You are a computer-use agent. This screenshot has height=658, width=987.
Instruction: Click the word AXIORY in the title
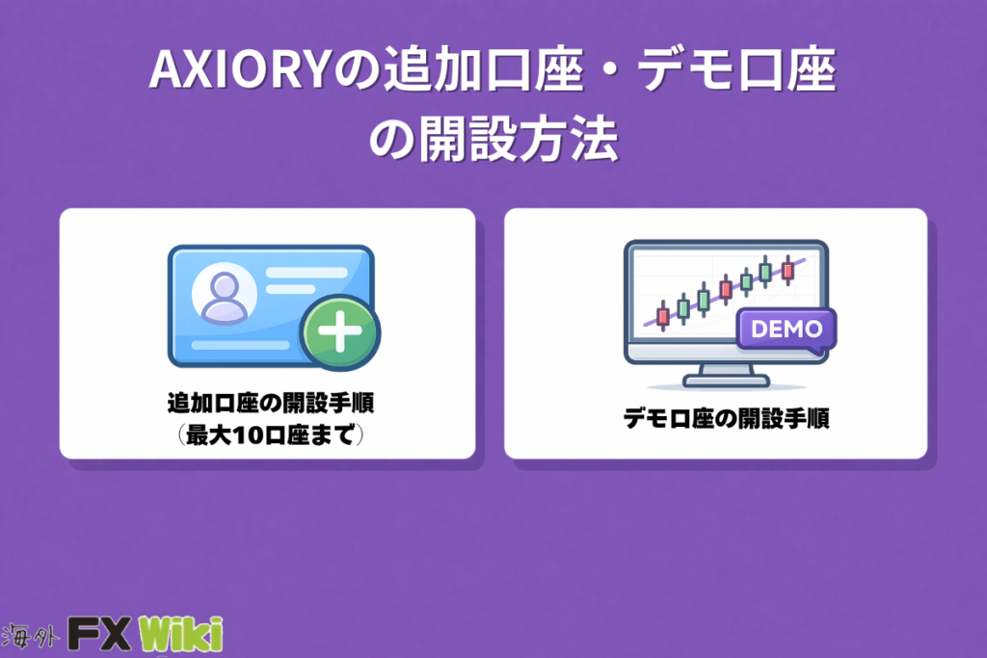tap(240, 69)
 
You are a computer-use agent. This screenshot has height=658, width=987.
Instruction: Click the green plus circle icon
tap(340, 331)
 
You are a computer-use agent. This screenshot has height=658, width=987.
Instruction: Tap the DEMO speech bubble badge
tap(787, 329)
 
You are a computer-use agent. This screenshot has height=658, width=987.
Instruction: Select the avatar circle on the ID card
tap(224, 293)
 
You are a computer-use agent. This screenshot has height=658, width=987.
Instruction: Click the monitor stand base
tap(726, 381)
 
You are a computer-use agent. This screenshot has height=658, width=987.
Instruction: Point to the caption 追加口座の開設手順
tap(271, 404)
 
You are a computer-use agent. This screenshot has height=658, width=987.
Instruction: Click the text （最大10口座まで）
tap(271, 434)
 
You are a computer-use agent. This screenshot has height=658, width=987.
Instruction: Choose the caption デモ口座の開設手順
tap(727, 418)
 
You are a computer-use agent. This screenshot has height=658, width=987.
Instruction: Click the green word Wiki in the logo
tap(180, 634)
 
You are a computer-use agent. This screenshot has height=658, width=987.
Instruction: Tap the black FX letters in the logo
tap(99, 634)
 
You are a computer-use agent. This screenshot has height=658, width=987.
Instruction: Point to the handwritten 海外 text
tap(30, 636)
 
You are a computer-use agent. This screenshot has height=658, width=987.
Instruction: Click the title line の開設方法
tap(493, 139)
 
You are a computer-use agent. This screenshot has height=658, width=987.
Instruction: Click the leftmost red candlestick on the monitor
tap(662, 315)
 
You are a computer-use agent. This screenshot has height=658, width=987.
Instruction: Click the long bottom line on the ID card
tap(240, 345)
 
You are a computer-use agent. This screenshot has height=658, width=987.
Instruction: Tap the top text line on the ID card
tap(307, 273)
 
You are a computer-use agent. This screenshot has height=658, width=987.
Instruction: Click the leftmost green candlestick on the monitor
tap(683, 308)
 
